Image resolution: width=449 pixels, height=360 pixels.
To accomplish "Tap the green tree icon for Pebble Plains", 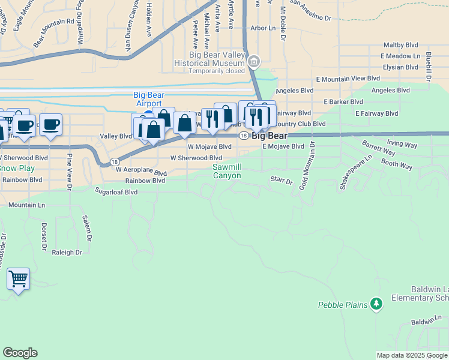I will point(376,304).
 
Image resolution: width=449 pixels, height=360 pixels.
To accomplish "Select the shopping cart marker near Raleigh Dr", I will point(19,278).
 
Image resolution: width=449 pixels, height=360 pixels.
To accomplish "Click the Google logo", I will point(20,353).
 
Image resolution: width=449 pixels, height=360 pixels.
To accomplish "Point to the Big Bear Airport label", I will point(149,99).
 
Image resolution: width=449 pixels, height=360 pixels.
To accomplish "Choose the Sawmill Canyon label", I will point(226,171).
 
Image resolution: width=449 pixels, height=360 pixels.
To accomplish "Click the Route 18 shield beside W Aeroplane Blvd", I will point(114,162).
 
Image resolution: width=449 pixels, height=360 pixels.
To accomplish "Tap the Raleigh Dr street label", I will point(67,253).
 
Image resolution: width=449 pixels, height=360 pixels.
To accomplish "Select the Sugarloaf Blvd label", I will point(116,192).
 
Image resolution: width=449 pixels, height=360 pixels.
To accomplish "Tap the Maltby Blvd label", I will point(401,45).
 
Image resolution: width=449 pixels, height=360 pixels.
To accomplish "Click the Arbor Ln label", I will point(262,28).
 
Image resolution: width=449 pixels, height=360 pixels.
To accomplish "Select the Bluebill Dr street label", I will point(429,65).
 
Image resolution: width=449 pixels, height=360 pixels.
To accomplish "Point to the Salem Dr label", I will point(88,228).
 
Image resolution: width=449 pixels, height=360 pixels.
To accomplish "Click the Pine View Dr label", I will point(70,172).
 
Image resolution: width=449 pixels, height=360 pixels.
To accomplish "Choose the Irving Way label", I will point(402,145).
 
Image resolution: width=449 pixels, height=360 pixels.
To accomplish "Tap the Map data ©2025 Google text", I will point(411,355).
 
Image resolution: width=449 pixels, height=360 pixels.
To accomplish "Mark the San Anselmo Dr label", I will point(310,18).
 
